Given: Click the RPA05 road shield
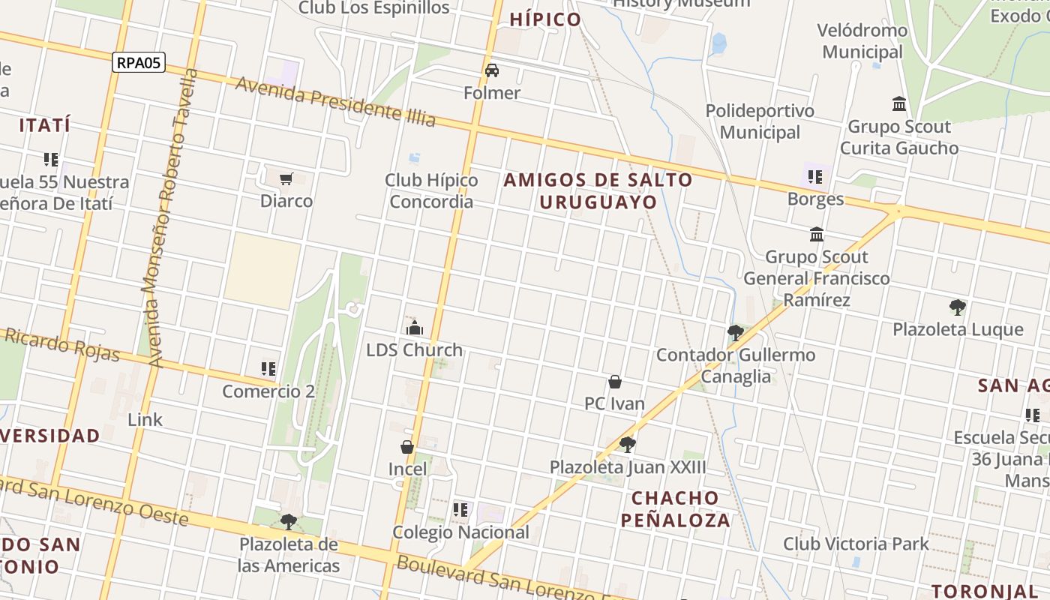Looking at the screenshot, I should click(x=139, y=62).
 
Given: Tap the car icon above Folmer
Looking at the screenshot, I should click(x=492, y=70).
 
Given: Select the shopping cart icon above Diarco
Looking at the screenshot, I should click(x=286, y=178).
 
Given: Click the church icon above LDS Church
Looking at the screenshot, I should click(x=414, y=328).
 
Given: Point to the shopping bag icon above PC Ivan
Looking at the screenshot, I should click(x=615, y=382).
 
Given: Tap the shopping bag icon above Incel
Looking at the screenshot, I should click(x=407, y=447).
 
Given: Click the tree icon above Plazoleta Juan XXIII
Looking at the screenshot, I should click(x=628, y=445).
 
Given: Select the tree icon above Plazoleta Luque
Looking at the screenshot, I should click(x=957, y=307).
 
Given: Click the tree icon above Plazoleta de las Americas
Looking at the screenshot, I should click(x=288, y=521).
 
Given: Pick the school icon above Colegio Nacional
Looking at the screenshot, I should click(x=460, y=510).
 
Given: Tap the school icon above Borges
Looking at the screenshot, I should click(x=815, y=177).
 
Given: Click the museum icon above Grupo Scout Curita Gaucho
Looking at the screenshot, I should click(x=898, y=103).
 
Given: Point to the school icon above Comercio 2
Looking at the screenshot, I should click(x=268, y=368).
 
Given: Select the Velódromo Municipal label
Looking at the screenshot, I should click(x=863, y=41).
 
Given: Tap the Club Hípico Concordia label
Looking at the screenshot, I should click(x=431, y=190).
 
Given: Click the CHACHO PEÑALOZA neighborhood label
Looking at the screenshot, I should click(x=680, y=508).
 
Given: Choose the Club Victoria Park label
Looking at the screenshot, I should click(x=856, y=544).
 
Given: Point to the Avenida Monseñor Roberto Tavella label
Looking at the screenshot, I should click(x=172, y=217).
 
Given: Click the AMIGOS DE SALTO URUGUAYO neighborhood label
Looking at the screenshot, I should click(x=598, y=190).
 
